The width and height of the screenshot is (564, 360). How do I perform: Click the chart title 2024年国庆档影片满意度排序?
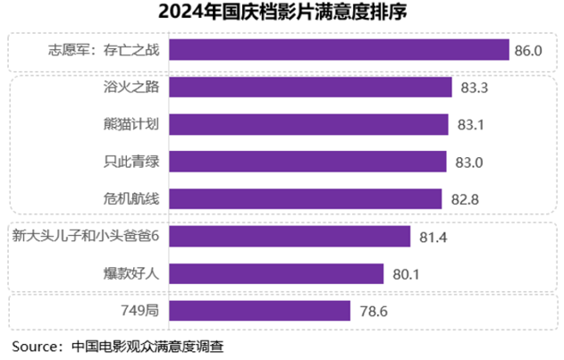tap(281, 13)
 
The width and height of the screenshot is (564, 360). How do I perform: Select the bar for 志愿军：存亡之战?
tap(338, 50)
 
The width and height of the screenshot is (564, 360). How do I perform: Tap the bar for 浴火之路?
tap(309, 88)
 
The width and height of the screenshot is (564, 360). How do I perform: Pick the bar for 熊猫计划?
tap(307, 124)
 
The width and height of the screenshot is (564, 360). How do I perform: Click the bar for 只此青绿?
tap(307, 162)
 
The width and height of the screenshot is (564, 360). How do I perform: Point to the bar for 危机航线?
tap(305, 198)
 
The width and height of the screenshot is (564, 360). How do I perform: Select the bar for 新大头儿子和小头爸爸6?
tap(289, 236)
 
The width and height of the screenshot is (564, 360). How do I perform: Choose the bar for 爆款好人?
tap(275, 273)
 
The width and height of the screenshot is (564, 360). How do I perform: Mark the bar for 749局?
tap(258, 310)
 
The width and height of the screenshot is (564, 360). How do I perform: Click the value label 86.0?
tap(528, 51)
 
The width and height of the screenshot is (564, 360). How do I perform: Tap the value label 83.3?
tap(474, 88)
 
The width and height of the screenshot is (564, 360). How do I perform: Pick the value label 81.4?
tap(433, 237)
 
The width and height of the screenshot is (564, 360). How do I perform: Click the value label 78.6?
tap(372, 311)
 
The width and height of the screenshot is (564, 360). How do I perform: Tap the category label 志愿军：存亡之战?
tap(104, 50)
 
